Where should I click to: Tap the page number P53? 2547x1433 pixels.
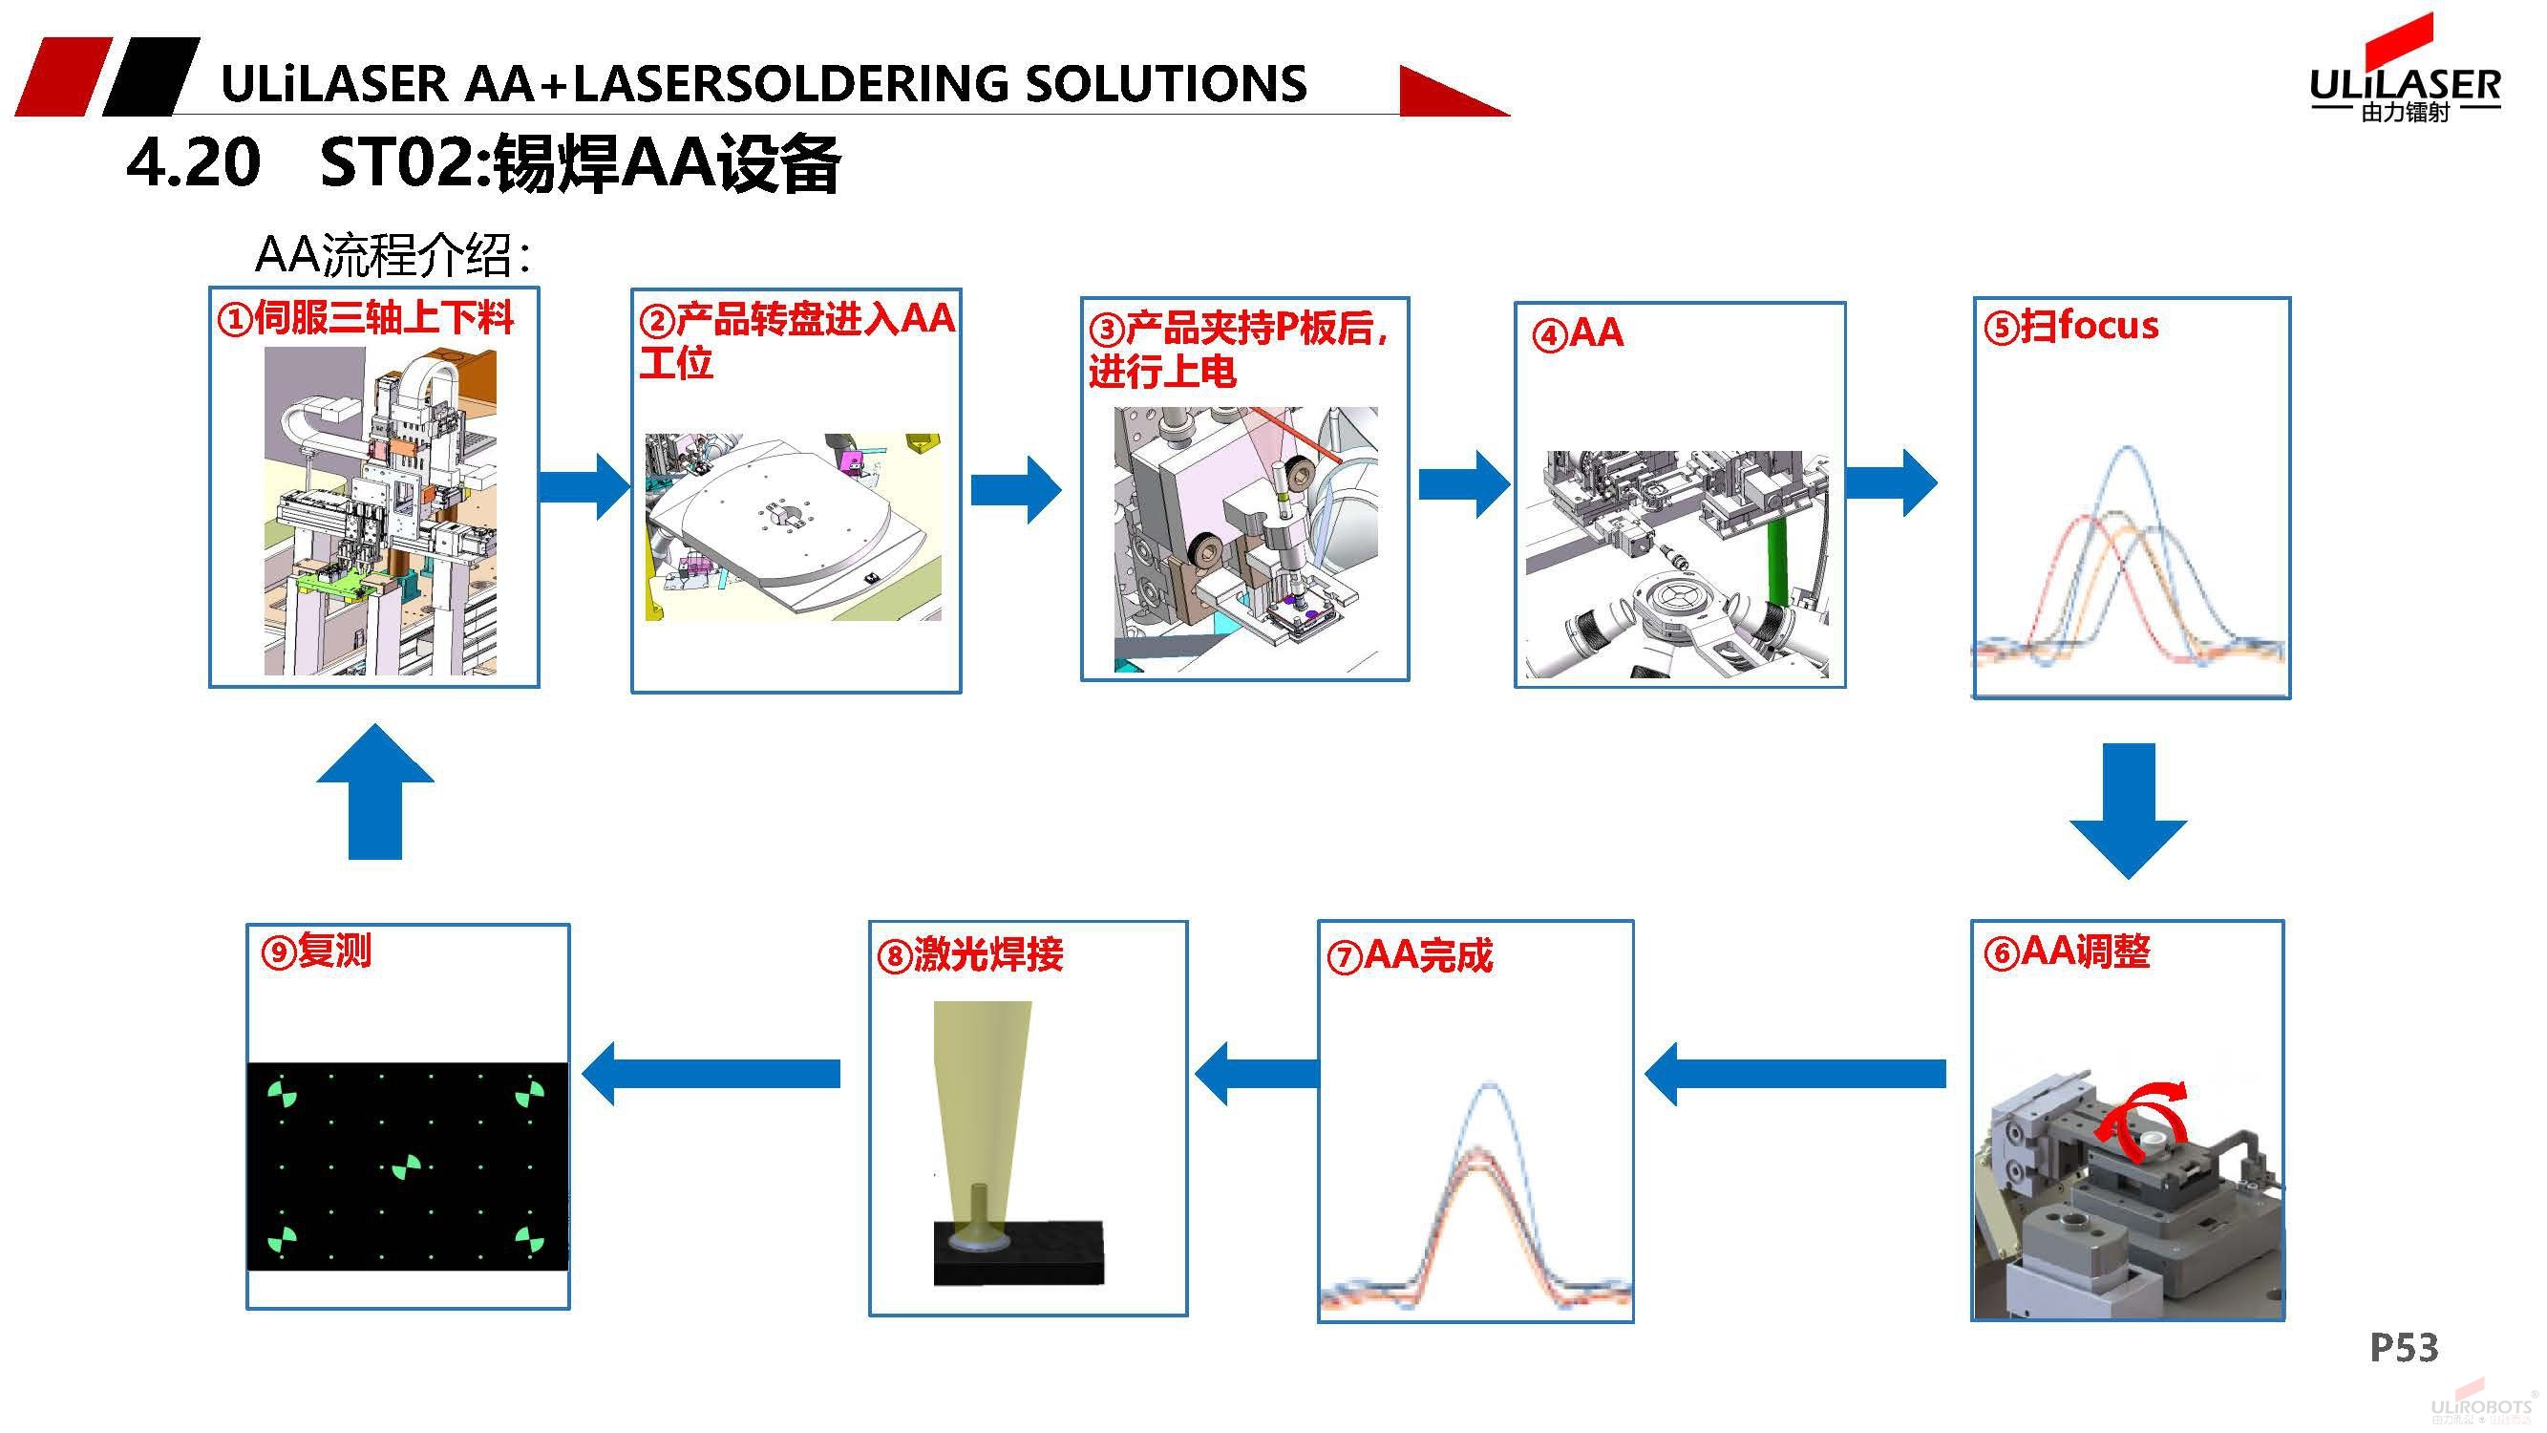2404,1347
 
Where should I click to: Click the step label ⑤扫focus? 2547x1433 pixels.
2071,326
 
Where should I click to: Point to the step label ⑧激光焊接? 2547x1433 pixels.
970,954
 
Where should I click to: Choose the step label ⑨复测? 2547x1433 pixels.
315,951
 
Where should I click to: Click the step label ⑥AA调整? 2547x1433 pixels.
2068,952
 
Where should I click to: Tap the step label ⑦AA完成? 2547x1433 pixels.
1410,955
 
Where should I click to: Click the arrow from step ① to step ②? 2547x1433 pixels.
584,485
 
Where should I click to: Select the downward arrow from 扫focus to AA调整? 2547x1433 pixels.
2128,808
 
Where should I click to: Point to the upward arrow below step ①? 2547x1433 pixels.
374,792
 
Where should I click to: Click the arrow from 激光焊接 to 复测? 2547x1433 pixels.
711,1073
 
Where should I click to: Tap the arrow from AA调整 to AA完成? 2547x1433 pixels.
1794,1073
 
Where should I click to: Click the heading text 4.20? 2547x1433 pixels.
194,163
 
